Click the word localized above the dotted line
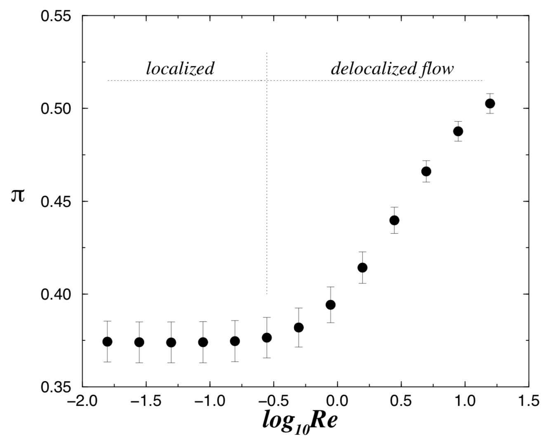[180, 68]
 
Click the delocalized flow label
[392, 68]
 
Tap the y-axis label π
[18, 195]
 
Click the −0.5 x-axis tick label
[273, 400]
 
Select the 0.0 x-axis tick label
[337, 400]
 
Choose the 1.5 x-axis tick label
[529, 400]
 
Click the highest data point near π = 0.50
[490, 103]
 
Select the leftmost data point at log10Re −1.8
[107, 342]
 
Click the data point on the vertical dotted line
[267, 337]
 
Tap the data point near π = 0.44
[394, 220]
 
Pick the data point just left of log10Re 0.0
[330, 305]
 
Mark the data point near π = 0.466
[426, 171]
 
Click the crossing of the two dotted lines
[267, 80]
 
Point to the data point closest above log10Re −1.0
[203, 342]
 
